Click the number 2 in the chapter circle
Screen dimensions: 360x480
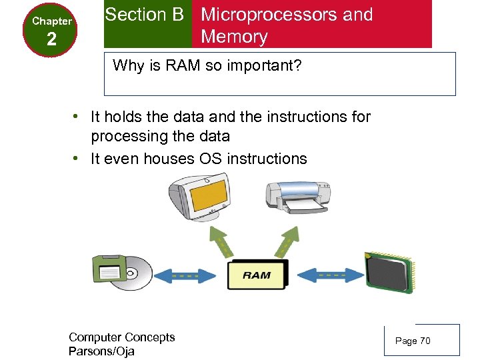tap(51, 39)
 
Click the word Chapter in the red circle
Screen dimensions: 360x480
tap(51, 21)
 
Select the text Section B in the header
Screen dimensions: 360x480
tap(144, 15)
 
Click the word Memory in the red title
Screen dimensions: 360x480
tap(234, 37)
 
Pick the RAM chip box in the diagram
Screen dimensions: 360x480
tap(257, 274)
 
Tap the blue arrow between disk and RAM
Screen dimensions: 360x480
tap(179, 275)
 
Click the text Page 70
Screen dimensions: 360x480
tap(413, 341)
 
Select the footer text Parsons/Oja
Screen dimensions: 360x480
tap(101, 351)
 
